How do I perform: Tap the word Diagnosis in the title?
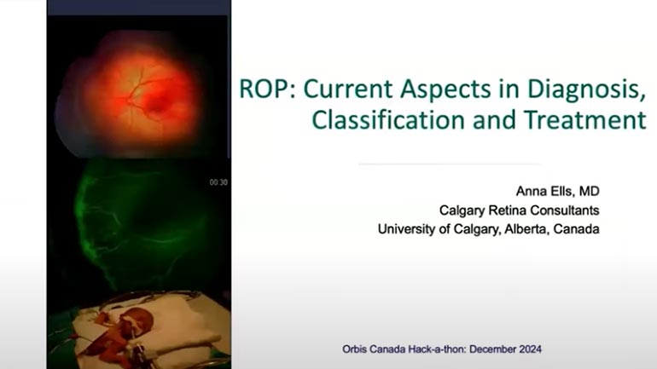point(586,89)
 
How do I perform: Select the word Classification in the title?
point(388,119)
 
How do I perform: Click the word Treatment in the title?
point(585,119)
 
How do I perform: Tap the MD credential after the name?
point(589,191)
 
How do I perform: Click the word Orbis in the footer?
point(354,349)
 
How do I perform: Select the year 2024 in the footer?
point(529,349)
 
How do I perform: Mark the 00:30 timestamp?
point(218,182)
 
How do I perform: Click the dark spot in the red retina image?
point(156,105)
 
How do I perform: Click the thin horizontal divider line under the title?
point(449,164)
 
